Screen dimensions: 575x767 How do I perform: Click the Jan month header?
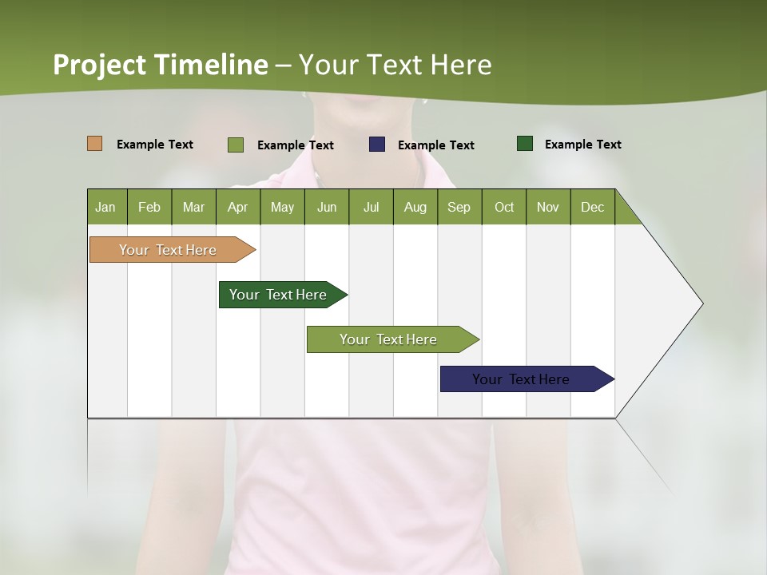point(106,207)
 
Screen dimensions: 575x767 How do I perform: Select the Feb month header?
point(149,207)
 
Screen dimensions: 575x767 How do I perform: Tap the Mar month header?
point(193,207)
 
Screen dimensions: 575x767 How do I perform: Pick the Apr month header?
point(238,207)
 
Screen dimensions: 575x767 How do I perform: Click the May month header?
point(282,207)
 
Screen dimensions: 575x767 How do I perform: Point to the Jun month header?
point(327,207)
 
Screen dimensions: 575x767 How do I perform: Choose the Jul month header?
point(371,207)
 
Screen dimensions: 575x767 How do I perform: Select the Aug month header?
point(415,207)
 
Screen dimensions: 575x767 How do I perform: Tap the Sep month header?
point(459,207)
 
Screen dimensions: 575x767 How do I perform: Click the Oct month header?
point(504,207)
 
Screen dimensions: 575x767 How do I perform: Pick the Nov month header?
point(548,207)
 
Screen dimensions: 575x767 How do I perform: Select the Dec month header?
point(593,207)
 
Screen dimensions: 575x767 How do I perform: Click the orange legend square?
point(95,144)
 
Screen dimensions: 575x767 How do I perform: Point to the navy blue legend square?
point(377,145)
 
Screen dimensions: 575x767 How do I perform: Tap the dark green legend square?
point(525,144)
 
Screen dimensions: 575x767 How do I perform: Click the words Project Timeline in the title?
point(161,65)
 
